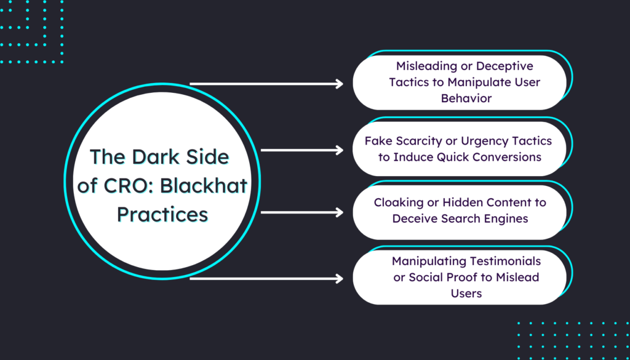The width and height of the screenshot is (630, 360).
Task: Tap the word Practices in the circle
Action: [162, 214]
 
